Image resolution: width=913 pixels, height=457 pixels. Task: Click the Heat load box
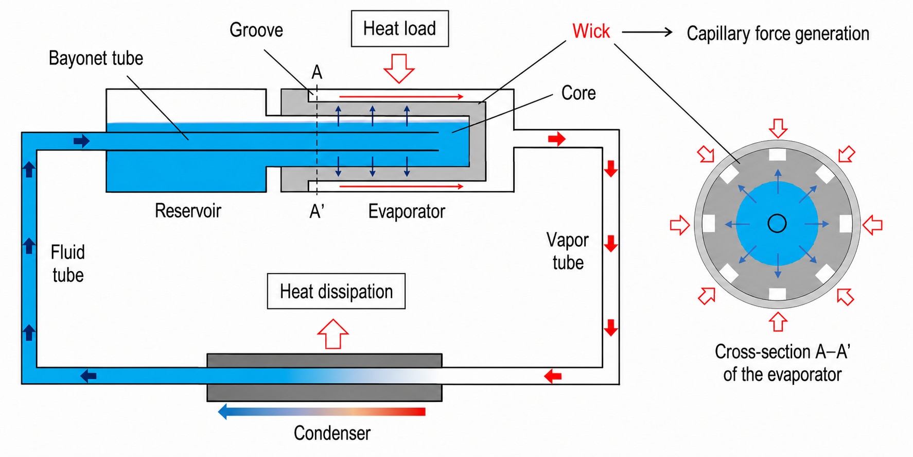coord(399,29)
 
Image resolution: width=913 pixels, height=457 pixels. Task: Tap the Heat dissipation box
coord(336,291)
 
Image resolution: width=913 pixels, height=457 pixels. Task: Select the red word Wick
coord(591,31)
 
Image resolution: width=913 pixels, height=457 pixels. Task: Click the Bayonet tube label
coord(96,58)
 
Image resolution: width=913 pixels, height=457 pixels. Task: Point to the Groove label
coord(256,30)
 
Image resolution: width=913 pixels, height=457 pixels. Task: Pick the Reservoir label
coord(188,211)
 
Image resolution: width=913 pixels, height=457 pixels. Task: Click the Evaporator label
coord(407,211)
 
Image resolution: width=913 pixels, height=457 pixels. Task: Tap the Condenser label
coord(332,433)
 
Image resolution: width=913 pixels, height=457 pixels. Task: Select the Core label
coord(578,93)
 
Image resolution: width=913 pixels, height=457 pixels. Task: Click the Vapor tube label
coord(568,251)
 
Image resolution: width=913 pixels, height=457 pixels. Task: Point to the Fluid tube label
coord(68,264)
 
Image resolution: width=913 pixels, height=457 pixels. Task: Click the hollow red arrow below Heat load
coord(399,68)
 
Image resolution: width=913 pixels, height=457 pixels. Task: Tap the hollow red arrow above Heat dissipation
coord(333,334)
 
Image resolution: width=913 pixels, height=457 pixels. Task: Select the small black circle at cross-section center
coord(777,224)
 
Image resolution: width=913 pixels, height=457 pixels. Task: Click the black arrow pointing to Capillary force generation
coord(647,32)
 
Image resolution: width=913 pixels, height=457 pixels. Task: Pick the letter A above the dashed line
coord(317,72)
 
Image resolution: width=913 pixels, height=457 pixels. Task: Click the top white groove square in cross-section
coord(777,155)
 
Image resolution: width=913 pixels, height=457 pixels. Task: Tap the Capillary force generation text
coord(778,34)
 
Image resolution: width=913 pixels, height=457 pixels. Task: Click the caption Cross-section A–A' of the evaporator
coord(782,363)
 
